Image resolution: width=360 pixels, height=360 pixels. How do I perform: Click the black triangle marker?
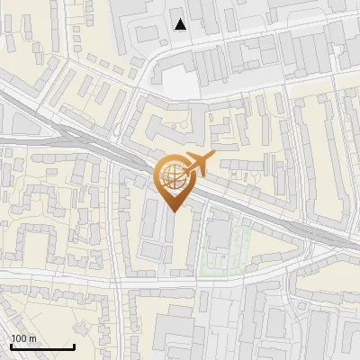tap(182, 24)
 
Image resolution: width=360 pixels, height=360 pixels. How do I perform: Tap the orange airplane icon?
tap(197, 164)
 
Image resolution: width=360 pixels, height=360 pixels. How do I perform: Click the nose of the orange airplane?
tap(213, 157)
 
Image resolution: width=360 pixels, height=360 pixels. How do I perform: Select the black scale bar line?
tap(42, 346)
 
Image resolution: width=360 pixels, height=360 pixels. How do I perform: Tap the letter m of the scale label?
tap(32, 338)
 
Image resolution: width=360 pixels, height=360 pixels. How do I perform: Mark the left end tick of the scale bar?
tap(11, 345)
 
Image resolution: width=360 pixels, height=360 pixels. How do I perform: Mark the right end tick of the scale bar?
tap(74, 345)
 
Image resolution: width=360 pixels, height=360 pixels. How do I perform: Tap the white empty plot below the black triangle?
tap(178, 84)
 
